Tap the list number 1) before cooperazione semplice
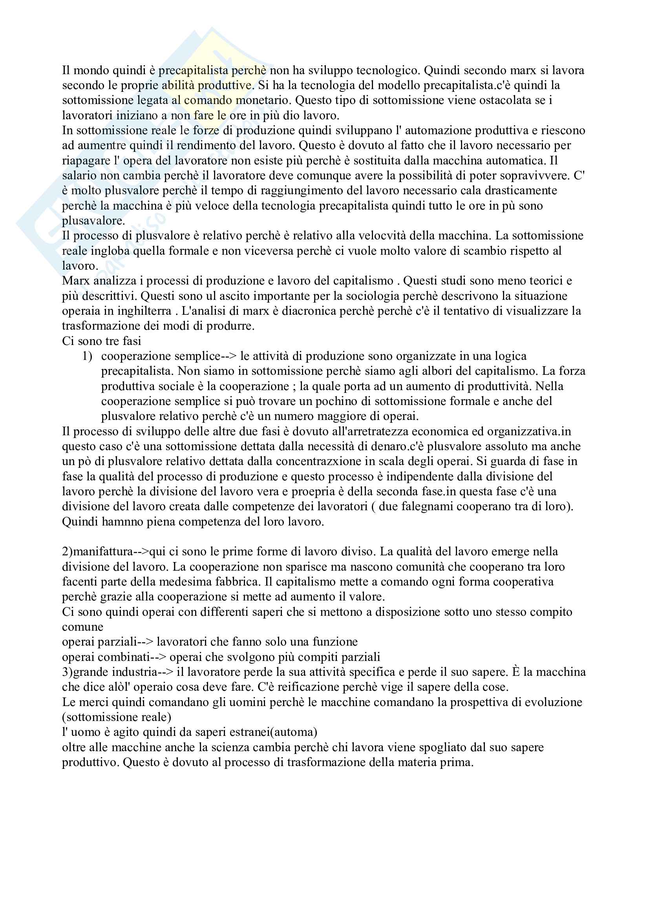point(87,356)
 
